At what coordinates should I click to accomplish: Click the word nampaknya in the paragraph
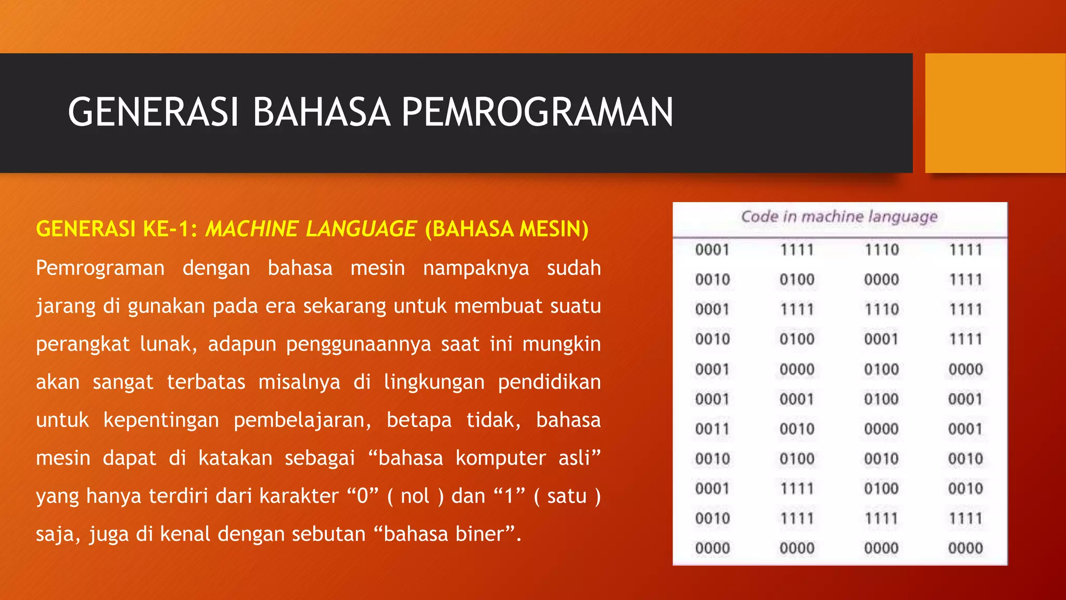(476, 268)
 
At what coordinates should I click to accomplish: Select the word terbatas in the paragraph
(206, 382)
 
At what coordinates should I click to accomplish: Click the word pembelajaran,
(302, 420)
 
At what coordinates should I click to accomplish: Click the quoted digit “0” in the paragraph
(363, 496)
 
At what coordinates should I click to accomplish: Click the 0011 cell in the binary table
(713, 429)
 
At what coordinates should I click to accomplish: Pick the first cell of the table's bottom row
(713, 548)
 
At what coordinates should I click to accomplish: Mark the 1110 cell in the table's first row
(882, 250)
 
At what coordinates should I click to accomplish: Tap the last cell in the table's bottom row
(966, 548)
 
